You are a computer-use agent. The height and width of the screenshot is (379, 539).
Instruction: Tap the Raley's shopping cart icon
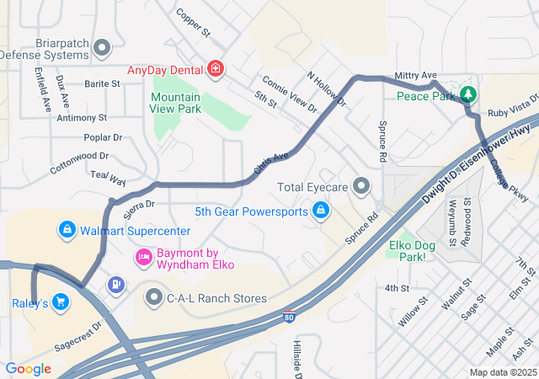(x=60, y=302)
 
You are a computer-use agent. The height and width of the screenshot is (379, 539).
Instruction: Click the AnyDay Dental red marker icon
(x=216, y=68)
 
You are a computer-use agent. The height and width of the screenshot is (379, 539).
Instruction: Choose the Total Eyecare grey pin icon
(x=362, y=185)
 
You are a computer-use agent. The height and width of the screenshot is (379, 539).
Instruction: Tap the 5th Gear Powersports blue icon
(x=321, y=211)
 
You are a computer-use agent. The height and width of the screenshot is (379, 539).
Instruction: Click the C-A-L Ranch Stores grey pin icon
(x=154, y=297)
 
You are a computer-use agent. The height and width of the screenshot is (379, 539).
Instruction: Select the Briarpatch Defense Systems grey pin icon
(x=102, y=47)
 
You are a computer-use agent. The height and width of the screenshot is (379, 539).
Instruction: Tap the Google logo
(x=28, y=368)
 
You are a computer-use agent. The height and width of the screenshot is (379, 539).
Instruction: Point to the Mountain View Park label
(x=176, y=103)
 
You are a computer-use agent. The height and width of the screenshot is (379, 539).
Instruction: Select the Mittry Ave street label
(x=416, y=76)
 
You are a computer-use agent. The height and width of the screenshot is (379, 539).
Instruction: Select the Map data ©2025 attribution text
(x=502, y=371)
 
